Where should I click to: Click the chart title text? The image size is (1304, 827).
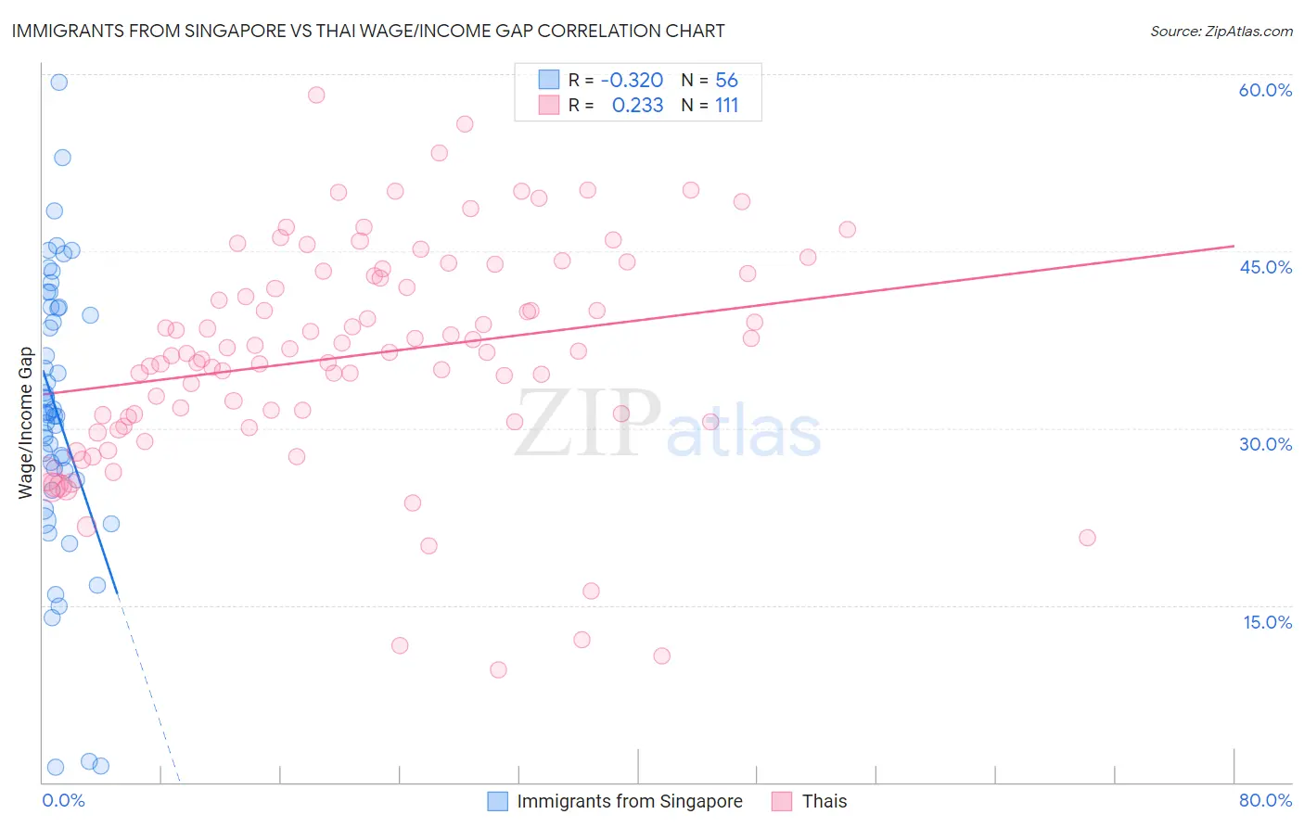(368, 31)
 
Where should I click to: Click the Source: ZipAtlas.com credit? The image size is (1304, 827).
(1221, 31)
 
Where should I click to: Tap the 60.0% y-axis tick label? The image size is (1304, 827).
(1265, 90)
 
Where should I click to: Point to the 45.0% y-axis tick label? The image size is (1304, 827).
(1265, 267)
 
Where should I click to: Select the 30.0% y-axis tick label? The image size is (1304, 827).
(1265, 444)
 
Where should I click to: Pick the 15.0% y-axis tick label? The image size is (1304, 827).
(1267, 621)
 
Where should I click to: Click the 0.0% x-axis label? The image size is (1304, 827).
(63, 800)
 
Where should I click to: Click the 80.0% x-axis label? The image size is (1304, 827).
(1265, 800)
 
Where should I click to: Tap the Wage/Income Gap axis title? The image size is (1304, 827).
(26, 423)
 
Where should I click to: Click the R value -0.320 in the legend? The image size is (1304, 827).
(632, 81)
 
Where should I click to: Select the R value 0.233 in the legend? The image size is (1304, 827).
(637, 106)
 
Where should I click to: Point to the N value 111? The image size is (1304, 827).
(726, 106)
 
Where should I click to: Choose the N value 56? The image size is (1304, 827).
(726, 81)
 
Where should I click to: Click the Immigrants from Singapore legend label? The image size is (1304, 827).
(629, 801)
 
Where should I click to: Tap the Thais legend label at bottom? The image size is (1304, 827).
(824, 801)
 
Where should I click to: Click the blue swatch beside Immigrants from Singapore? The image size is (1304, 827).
(498, 801)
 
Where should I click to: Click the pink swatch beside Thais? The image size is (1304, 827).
(782, 801)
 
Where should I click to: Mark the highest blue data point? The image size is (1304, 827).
(58, 82)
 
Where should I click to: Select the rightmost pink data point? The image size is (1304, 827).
(1087, 538)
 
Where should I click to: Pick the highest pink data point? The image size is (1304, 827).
(316, 95)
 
